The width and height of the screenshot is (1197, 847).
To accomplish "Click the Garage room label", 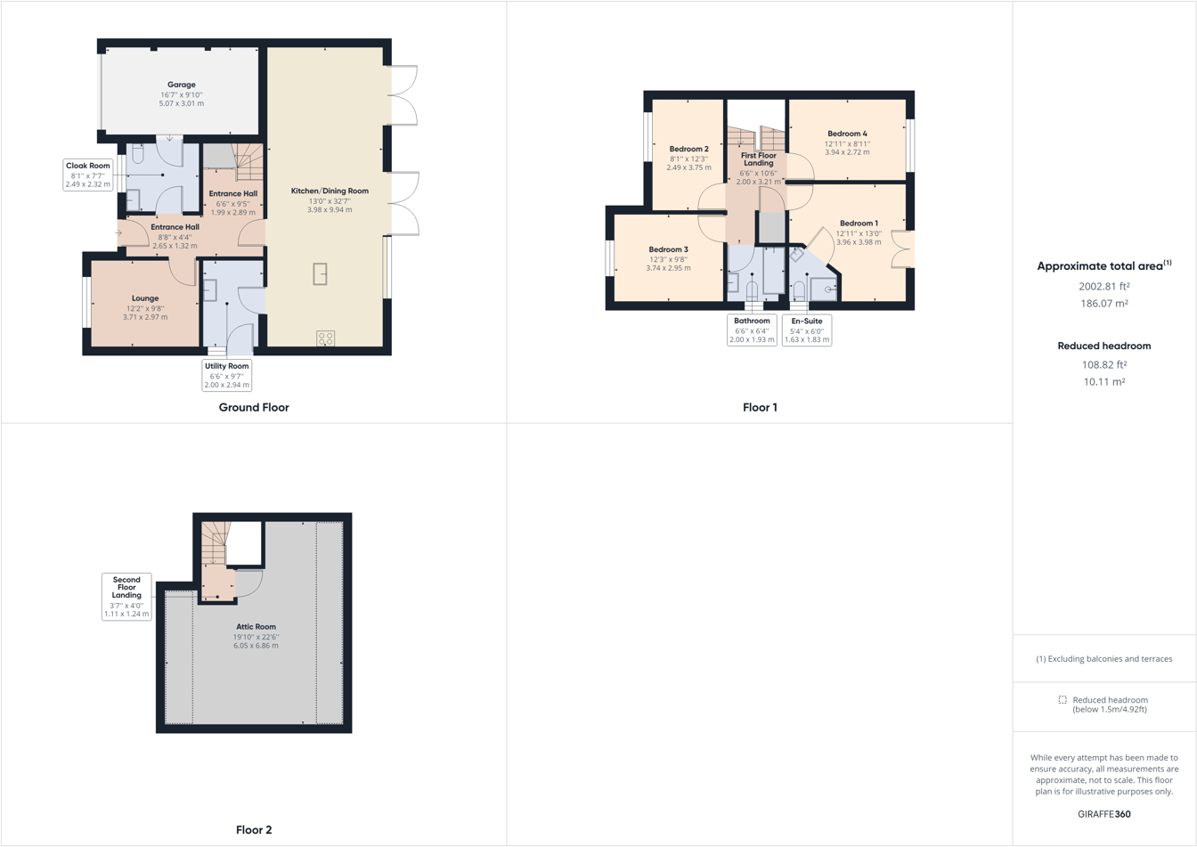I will pyautogui.click(x=181, y=85).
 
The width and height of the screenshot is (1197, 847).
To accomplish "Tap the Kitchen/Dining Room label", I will pyautogui.click(x=330, y=191).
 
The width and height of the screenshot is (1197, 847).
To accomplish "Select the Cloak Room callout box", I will pyautogui.click(x=88, y=175).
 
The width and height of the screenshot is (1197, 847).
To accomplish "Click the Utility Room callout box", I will pyautogui.click(x=227, y=375).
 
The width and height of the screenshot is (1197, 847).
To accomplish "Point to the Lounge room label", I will pyautogui.click(x=145, y=298).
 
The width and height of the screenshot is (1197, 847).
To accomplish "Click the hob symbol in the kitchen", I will pyautogui.click(x=326, y=338).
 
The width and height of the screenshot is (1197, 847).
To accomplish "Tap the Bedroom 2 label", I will pyautogui.click(x=688, y=149).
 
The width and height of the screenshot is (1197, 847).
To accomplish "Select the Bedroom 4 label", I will pyautogui.click(x=846, y=134).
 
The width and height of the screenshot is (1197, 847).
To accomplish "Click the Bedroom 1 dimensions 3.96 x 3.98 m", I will pyautogui.click(x=859, y=242).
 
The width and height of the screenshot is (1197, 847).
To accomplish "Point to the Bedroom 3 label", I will pyautogui.click(x=668, y=249).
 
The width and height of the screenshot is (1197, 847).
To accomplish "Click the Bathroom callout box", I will pyautogui.click(x=752, y=330).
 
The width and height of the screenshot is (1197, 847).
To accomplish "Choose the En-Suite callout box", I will pyautogui.click(x=807, y=330).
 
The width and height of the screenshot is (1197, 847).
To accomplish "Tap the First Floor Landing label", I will pyautogui.click(x=759, y=159).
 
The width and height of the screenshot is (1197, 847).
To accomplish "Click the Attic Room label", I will pyautogui.click(x=256, y=626).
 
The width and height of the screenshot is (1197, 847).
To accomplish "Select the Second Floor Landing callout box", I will pyautogui.click(x=126, y=596).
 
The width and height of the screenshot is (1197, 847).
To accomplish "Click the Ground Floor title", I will pyautogui.click(x=254, y=407).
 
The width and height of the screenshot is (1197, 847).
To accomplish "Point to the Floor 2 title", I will pyautogui.click(x=254, y=829).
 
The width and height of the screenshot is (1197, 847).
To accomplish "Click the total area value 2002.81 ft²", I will pyautogui.click(x=1103, y=286).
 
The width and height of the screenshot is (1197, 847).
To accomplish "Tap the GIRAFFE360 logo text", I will pyautogui.click(x=1103, y=813).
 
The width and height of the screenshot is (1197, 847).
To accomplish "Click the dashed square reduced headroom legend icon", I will pyautogui.click(x=1063, y=700).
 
